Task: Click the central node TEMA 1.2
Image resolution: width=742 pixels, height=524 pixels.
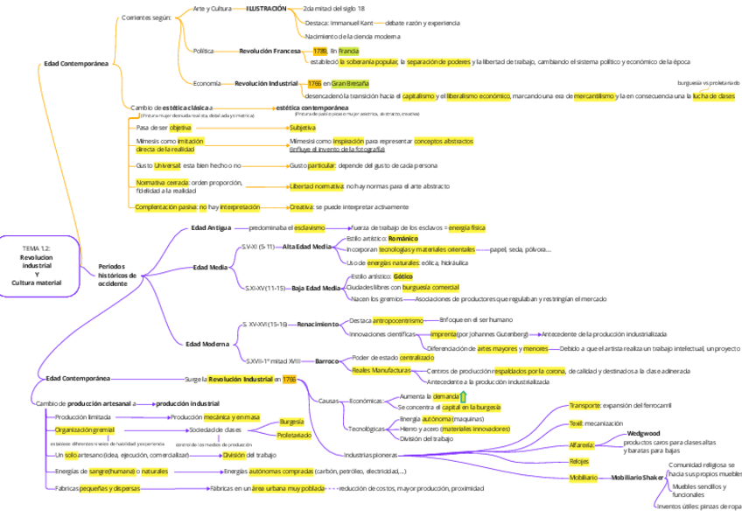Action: click(x=37, y=266)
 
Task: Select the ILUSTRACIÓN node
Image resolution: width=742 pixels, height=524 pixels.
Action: click(x=266, y=8)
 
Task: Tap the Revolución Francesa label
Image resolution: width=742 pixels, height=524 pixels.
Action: click(x=269, y=51)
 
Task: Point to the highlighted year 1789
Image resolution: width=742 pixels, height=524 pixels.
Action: click(x=319, y=51)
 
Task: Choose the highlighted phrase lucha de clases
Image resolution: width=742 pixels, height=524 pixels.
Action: click(x=713, y=96)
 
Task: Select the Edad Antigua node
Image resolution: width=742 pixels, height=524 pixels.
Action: click(x=211, y=227)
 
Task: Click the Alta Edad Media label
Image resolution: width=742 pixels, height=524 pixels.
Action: click(x=306, y=247)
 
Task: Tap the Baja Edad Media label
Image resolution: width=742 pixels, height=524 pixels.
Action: click(x=315, y=288)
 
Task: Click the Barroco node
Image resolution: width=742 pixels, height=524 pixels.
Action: click(x=326, y=360)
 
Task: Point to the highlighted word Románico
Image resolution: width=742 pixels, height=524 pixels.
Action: click(x=403, y=238)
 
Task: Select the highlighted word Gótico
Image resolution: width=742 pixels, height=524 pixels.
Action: click(x=402, y=276)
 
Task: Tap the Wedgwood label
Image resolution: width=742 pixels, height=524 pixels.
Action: click(x=643, y=433)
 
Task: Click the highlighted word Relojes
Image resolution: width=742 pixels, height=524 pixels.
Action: click(x=578, y=461)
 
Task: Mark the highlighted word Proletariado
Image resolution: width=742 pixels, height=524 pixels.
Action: click(x=294, y=435)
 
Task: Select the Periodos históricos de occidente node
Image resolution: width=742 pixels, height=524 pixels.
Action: click(x=117, y=275)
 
